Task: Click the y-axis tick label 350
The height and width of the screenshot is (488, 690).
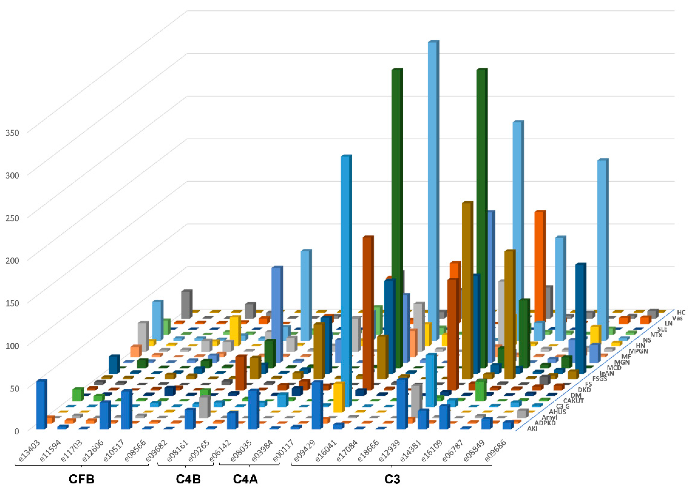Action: (12, 133)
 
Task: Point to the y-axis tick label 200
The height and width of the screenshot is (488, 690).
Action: (12, 260)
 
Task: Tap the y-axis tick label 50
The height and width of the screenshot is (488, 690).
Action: (14, 388)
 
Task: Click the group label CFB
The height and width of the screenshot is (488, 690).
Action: (82, 479)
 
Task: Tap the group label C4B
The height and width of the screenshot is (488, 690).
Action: (188, 479)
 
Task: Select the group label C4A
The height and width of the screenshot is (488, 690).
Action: (246, 479)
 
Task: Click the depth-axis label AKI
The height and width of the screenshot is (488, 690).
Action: (532, 429)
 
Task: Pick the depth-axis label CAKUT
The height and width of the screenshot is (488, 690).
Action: (573, 401)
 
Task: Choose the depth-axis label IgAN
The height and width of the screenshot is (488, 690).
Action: (606, 374)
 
